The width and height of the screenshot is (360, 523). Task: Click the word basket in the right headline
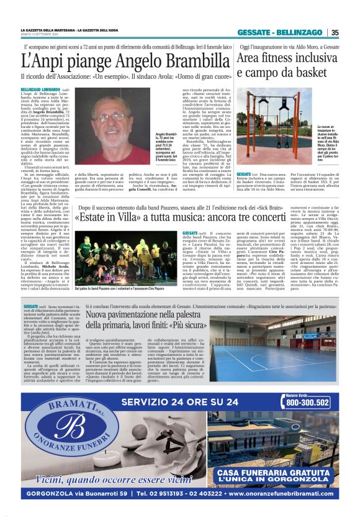(302, 73)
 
